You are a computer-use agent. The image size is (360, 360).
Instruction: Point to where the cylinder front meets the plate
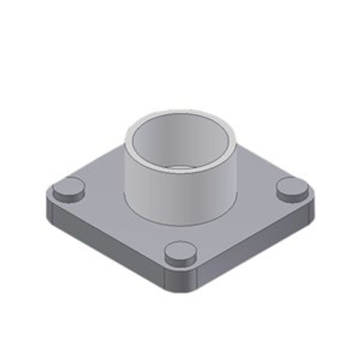click(180, 224)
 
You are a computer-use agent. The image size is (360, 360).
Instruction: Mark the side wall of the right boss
click(292, 196)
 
